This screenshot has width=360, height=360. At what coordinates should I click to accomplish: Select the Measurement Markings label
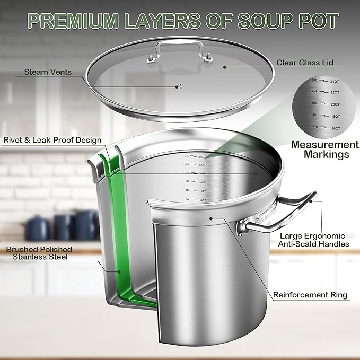(x=324, y=149)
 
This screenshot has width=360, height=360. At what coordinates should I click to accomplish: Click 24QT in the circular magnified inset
(x=334, y=82)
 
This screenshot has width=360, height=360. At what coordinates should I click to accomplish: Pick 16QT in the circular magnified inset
(x=334, y=128)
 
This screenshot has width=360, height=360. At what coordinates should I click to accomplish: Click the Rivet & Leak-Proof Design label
(x=52, y=141)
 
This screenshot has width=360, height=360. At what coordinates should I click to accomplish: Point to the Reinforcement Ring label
(x=310, y=295)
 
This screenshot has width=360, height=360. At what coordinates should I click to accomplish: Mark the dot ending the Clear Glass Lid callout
(x=225, y=67)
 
